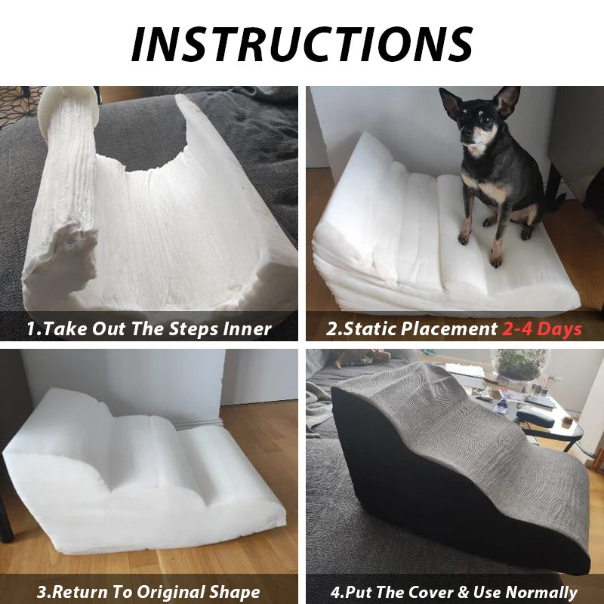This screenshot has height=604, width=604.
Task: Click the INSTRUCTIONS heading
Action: point(302,44)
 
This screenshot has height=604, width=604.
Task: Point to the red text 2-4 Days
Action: point(542,328)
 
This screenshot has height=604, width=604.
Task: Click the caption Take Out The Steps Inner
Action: point(149,328)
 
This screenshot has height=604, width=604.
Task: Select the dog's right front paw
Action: point(461,237)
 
